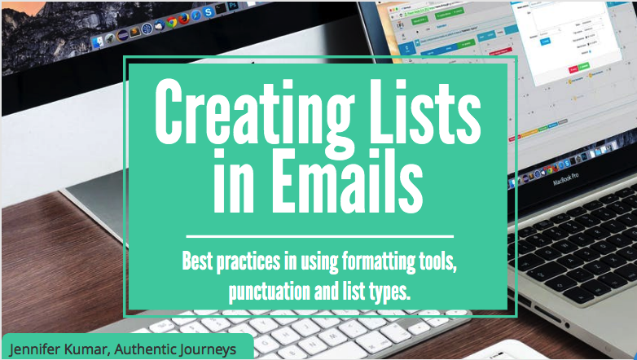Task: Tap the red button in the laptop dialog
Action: pyautogui.click(x=574, y=70)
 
